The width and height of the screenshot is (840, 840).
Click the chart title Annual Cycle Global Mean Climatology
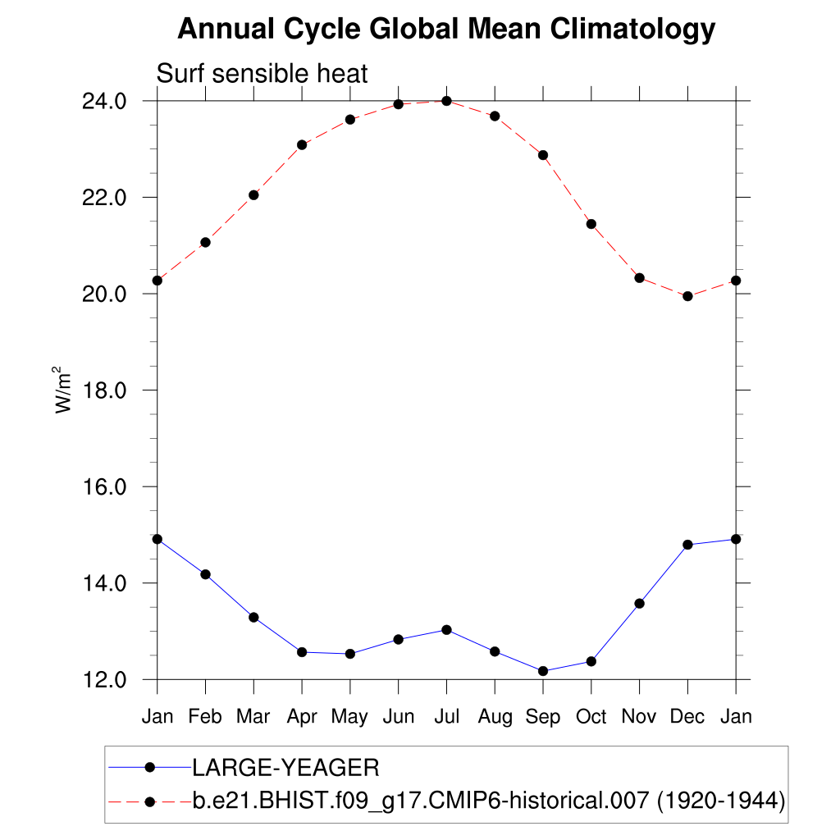446,30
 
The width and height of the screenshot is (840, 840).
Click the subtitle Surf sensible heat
262,74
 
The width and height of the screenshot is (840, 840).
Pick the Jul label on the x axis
446,716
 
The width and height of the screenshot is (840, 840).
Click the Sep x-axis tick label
543,716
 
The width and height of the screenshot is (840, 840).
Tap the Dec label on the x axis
687,716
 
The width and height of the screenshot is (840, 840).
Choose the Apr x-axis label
302,717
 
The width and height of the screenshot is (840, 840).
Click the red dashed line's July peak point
446,101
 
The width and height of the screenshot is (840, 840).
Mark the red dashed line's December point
687,296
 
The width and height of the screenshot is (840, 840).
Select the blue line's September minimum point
543,671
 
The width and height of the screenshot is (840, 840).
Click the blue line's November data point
640,604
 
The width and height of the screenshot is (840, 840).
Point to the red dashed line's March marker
253,195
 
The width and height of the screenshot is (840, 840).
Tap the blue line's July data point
446,630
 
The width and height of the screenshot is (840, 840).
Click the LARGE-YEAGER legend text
285,768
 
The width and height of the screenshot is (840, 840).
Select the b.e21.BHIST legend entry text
489,801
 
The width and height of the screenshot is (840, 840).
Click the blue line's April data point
302,652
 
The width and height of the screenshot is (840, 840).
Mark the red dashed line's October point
591,224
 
